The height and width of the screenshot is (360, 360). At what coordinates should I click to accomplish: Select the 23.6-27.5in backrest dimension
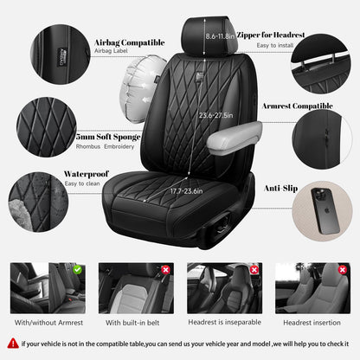215,114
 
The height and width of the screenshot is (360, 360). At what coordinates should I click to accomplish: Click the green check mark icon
77,270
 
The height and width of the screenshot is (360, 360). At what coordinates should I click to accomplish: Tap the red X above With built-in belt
165,270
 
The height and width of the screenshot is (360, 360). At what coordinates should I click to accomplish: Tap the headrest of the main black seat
202,35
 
